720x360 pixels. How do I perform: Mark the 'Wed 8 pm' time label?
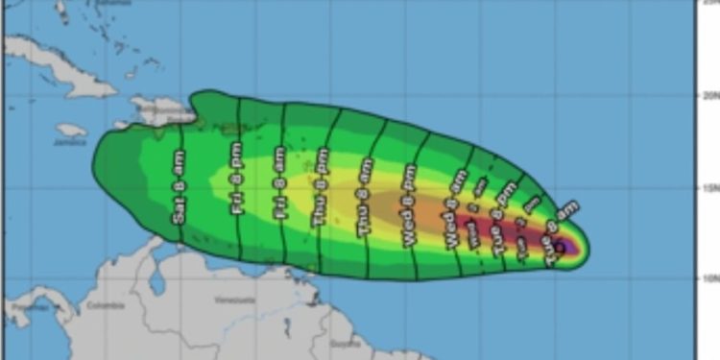pyautogui.click(x=410, y=205)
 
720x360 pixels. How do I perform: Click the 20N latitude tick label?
pyautogui.click(x=707, y=96)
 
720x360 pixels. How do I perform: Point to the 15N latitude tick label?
pyautogui.click(x=707, y=187)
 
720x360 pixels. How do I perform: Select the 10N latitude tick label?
pyautogui.click(x=707, y=278)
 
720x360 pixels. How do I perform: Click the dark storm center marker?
pyautogui.click(x=560, y=247)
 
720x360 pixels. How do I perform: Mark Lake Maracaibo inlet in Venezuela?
pyautogui.click(x=155, y=278)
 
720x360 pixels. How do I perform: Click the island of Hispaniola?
pyautogui.click(x=158, y=111)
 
